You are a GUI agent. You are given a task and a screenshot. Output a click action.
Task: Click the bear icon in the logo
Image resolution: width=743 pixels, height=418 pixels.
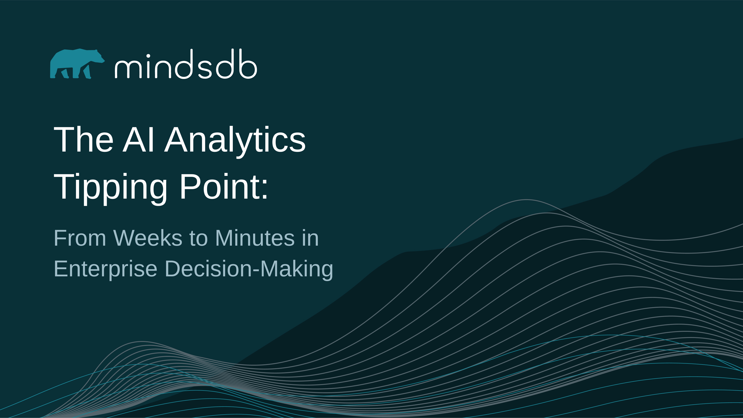coord(77,64)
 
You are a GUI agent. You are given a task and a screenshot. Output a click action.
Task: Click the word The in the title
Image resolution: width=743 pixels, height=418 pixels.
coord(84,140)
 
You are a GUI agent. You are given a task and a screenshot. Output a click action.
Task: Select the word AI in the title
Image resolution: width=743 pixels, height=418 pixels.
coord(138,140)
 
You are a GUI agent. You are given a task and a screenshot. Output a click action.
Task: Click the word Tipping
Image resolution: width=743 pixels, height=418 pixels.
coord(110,188)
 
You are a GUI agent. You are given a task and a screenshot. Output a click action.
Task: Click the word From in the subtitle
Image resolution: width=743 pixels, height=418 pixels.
coord(80,238)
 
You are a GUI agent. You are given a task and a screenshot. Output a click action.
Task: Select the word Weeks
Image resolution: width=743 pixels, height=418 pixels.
coord(148,238)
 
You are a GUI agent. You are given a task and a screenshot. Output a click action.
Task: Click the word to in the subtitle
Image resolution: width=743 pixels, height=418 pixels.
coord(198,239)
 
